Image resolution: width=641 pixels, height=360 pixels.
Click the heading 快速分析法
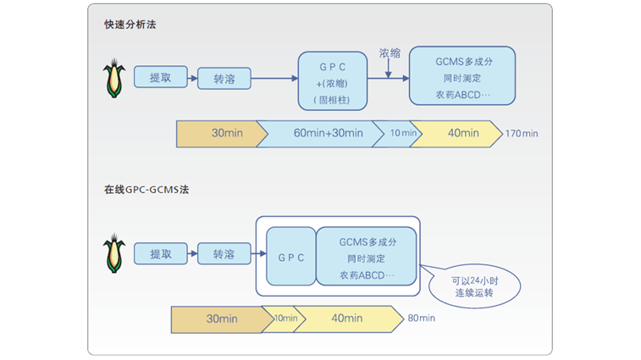pyautogui.click(x=130, y=25)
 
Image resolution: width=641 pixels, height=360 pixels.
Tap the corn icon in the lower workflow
pyautogui.click(x=113, y=254)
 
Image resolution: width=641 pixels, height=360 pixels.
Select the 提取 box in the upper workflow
pyautogui.click(x=161, y=77)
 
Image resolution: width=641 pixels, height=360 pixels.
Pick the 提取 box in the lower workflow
pyautogui.click(x=161, y=254)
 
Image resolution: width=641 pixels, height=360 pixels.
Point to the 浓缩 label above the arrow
pyautogui.click(x=390, y=53)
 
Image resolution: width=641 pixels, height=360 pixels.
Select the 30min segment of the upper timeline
pyautogui.click(x=221, y=133)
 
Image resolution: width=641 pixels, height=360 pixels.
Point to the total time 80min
pyautogui.click(x=422, y=318)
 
